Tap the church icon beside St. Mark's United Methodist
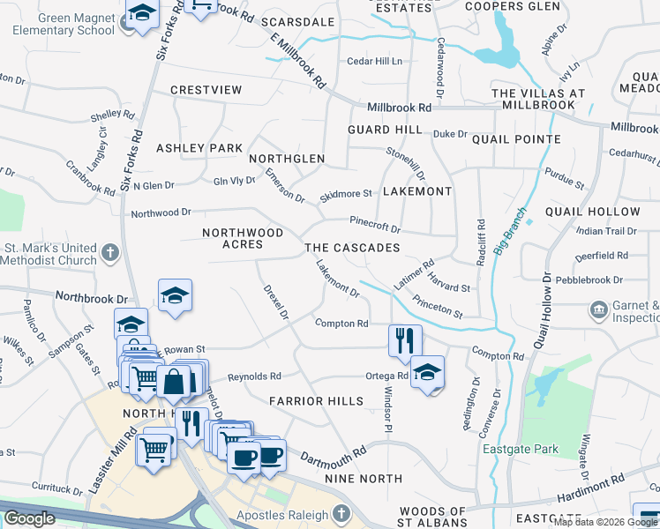(x=109, y=254)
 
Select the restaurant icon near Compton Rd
(x=405, y=339)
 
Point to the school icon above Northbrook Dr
(x=175, y=295)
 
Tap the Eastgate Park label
(x=521, y=449)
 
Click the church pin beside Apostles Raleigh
(x=342, y=514)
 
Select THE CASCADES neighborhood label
(x=352, y=248)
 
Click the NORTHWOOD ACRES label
(x=243, y=238)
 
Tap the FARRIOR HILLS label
(x=317, y=401)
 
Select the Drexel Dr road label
(x=276, y=301)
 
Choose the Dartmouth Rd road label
(x=333, y=456)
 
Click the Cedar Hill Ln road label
(x=374, y=61)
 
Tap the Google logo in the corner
(x=29, y=518)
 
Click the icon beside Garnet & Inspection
(x=598, y=310)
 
